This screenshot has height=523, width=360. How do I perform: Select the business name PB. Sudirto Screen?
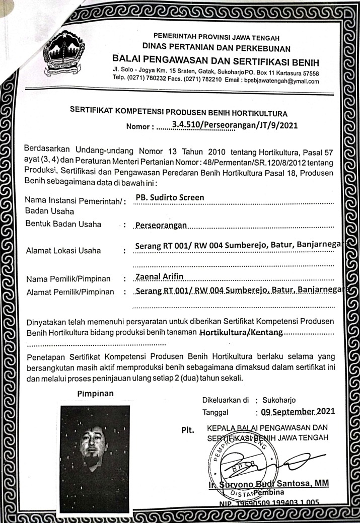(x=170, y=197)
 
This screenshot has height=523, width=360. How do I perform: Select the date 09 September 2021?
(x=298, y=412)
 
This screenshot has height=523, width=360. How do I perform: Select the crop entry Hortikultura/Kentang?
(x=241, y=333)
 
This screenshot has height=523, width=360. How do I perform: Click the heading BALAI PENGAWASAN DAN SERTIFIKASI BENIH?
(x=217, y=61)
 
